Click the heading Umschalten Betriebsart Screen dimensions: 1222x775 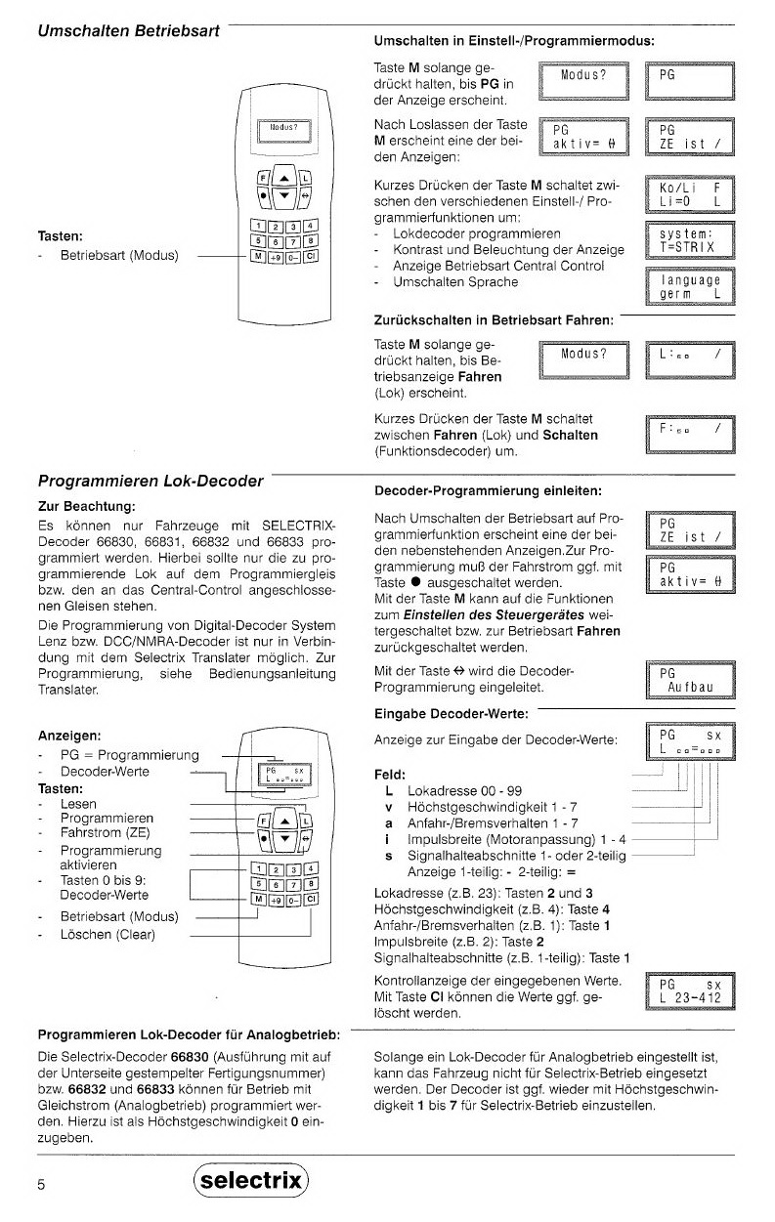pyautogui.click(x=127, y=31)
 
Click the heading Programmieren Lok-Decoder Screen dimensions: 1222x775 pyautogui.click(x=151, y=481)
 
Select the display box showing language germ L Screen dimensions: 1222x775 pyautogui.click(x=689, y=286)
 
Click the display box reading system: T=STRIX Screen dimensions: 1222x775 pyautogui.click(x=689, y=240)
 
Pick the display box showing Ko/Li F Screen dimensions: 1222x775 pyautogui.click(x=689, y=194)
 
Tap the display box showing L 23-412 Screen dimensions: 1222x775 pyautogui.click(x=689, y=991)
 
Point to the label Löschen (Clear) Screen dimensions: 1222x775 pyautogui.click(x=108, y=935)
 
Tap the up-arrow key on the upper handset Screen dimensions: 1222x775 pyautogui.click(x=279, y=177)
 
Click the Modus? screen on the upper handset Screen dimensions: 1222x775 pyautogui.click(x=283, y=129)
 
